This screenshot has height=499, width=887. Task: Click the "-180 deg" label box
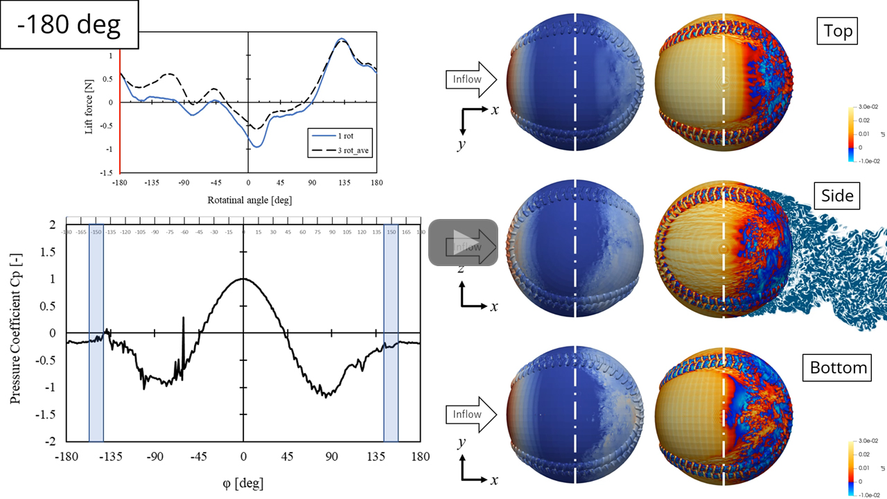pos(69,25)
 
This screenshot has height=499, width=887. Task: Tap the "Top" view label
pos(838,31)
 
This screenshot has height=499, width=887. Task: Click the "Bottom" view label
pos(838,367)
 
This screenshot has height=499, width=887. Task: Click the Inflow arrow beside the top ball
pos(471,79)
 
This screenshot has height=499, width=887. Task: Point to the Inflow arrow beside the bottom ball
pos(471,414)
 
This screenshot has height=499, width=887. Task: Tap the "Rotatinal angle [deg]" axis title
pos(248,200)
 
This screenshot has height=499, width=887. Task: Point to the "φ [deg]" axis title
pos(243,482)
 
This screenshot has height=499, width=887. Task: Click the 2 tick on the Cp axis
pos(52,225)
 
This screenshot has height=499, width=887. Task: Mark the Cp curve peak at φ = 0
pos(243,279)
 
